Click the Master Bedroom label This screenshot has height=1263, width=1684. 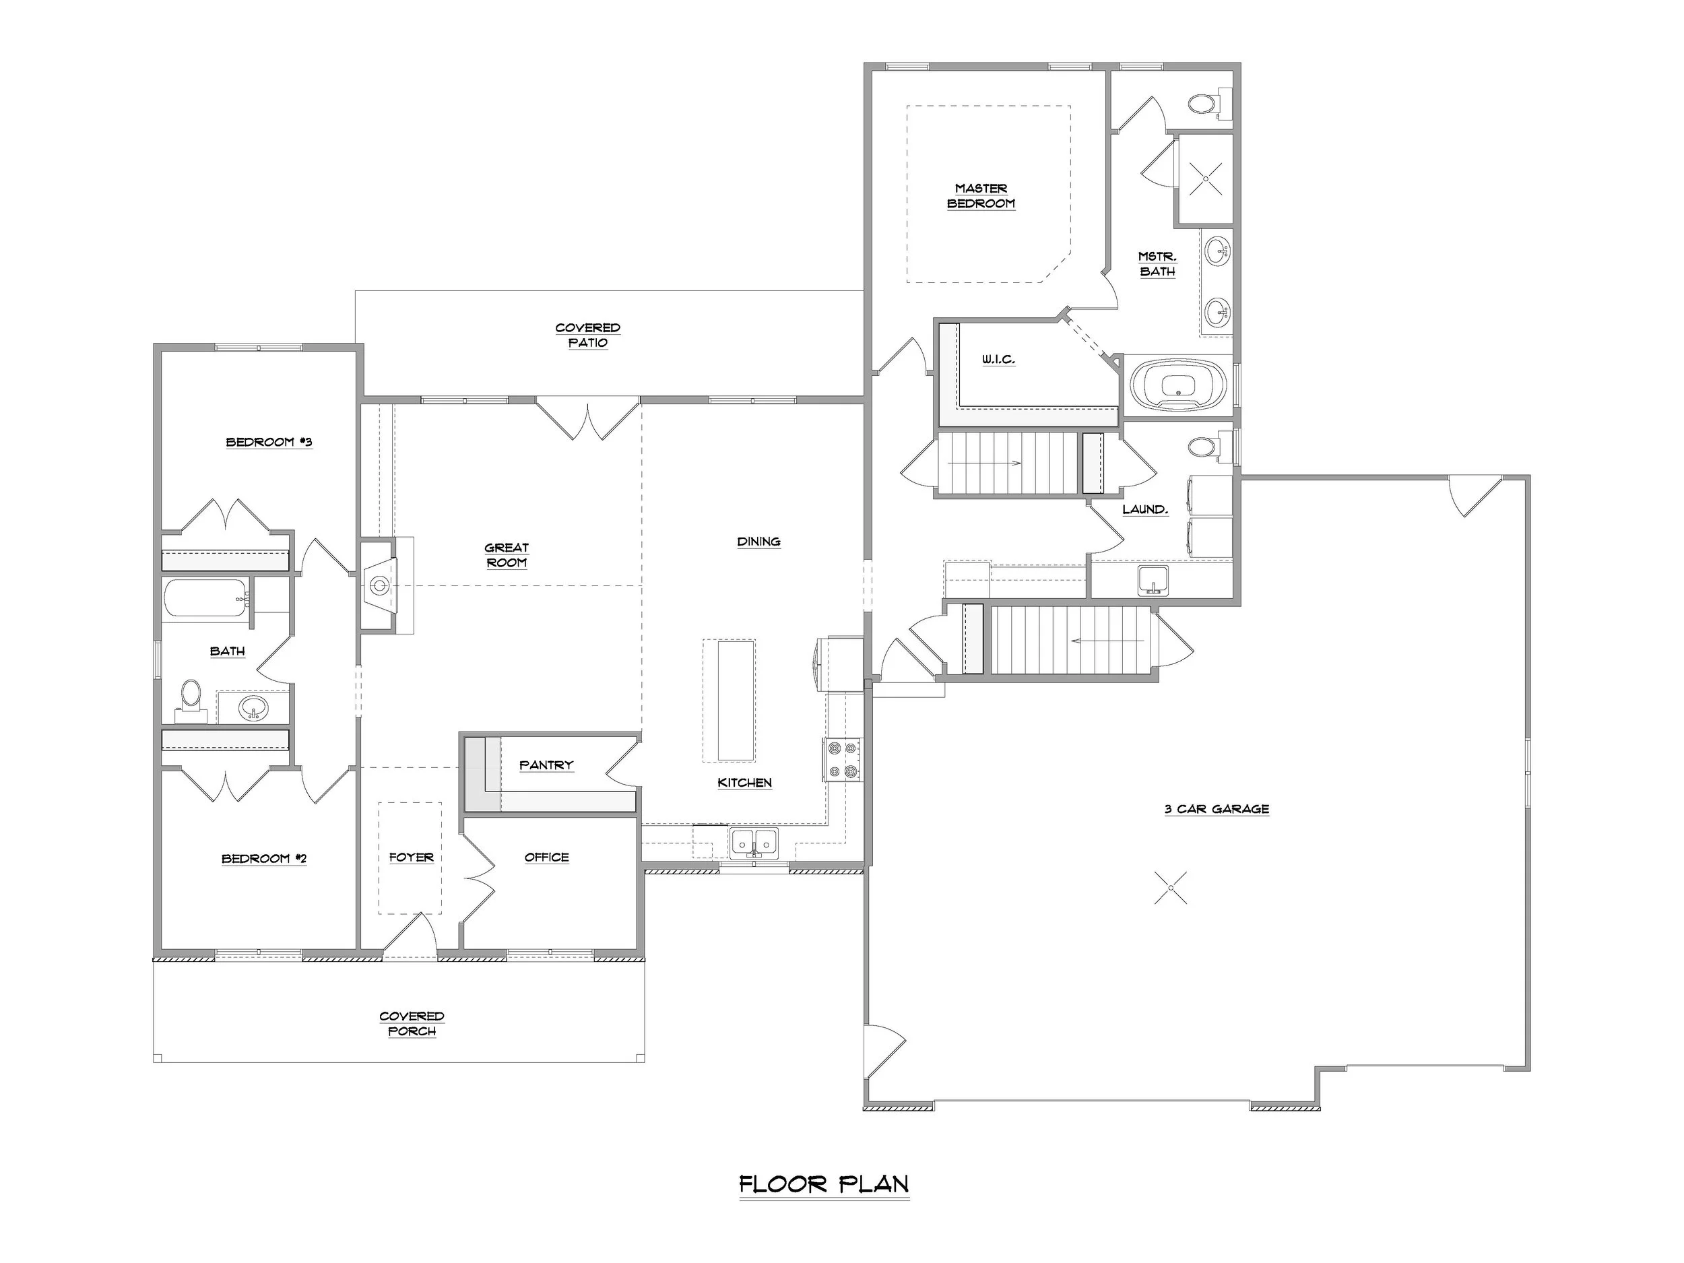click(981, 195)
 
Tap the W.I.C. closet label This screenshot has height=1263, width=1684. click(998, 359)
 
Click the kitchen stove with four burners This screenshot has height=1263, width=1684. click(841, 760)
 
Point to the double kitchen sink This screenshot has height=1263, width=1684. click(754, 843)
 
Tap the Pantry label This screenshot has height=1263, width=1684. click(546, 765)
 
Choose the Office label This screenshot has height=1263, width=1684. click(546, 857)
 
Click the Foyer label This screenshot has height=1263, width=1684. click(411, 857)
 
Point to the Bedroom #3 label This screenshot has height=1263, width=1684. click(269, 443)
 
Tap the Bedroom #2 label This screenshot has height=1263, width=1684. click(264, 859)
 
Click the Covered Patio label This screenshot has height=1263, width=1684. click(588, 335)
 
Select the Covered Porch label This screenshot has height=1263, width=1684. click(412, 1023)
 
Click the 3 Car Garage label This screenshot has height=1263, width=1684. click(1217, 809)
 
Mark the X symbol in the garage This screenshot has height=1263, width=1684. click(1170, 888)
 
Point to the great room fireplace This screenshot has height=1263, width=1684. click(380, 585)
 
